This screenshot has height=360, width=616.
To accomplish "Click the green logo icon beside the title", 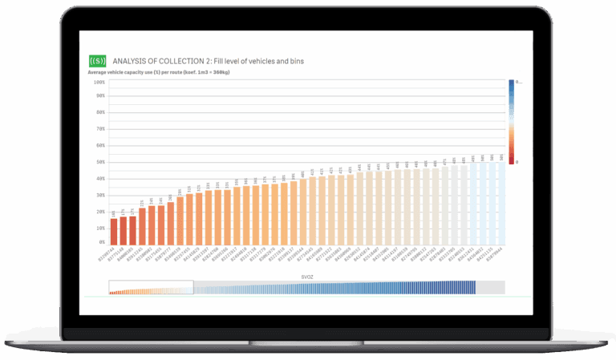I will pyautogui.click(x=96, y=60).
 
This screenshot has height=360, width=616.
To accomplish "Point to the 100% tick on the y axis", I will pyautogui.click(x=99, y=82).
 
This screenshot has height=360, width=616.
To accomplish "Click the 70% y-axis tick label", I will pyautogui.click(x=100, y=128).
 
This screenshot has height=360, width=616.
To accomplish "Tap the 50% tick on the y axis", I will pyautogui.click(x=100, y=162).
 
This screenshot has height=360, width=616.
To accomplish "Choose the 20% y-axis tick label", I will pyautogui.click(x=100, y=212).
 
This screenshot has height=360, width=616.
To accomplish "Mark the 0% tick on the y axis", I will pyautogui.click(x=102, y=241).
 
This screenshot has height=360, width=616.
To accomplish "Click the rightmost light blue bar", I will pyautogui.click(x=500, y=204).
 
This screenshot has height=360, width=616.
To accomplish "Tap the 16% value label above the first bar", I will pyautogui.click(x=113, y=213).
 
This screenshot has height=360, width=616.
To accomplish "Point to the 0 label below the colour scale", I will pyautogui.click(x=517, y=163).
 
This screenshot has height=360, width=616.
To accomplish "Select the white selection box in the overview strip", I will pyautogui.click(x=152, y=287).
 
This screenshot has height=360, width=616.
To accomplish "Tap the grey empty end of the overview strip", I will pyautogui.click(x=490, y=287).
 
